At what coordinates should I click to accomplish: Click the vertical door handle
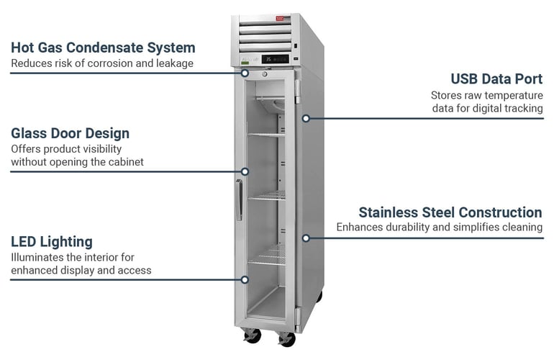coord(238,199)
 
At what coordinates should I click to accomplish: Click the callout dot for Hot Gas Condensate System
coord(245,72)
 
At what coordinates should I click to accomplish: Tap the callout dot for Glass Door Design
coord(245,171)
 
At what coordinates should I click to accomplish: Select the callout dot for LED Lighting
coord(245,279)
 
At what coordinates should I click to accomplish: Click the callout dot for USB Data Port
coord(306,117)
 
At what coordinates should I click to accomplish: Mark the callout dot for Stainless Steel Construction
coord(306,237)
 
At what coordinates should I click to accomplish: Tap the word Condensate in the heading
coord(110,48)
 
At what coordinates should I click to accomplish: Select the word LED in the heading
coord(24,242)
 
